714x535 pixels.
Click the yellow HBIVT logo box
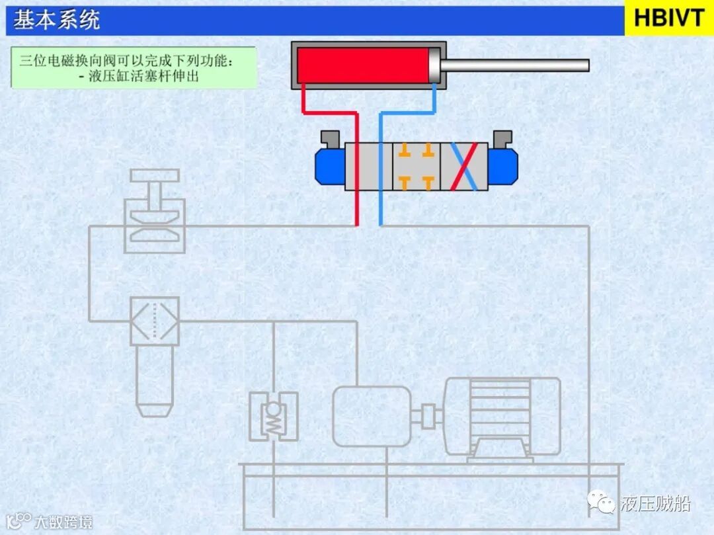coord(669,19)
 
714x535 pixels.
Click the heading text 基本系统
coord(57,20)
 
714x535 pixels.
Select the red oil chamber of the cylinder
coord(362,65)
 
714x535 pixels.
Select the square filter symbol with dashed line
coord(154,321)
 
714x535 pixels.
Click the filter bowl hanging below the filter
coord(153,380)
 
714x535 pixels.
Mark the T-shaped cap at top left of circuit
coord(154,176)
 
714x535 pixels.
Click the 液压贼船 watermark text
coord(655,504)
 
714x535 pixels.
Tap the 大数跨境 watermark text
coord(63,521)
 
